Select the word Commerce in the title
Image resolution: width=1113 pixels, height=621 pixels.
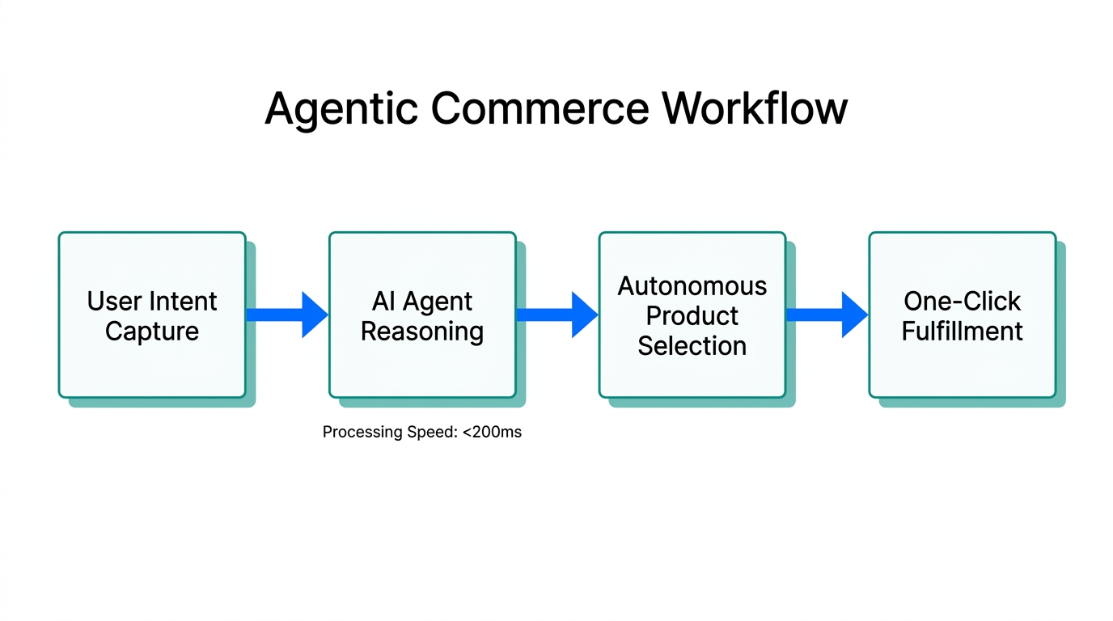pyautogui.click(x=540, y=109)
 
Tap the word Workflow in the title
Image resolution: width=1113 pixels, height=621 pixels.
pyautogui.click(x=755, y=109)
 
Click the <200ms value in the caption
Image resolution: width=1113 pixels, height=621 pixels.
pyautogui.click(x=492, y=433)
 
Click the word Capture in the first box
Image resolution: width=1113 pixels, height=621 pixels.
pyautogui.click(x=152, y=332)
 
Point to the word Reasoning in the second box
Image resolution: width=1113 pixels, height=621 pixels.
pyautogui.click(x=422, y=332)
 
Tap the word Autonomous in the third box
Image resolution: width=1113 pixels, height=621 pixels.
pyautogui.click(x=692, y=286)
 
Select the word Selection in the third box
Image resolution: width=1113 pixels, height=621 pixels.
pyautogui.click(x=692, y=346)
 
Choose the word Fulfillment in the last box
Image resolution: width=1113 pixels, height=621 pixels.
pyautogui.click(x=963, y=332)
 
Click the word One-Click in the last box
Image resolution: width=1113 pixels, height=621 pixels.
pyautogui.click(x=963, y=302)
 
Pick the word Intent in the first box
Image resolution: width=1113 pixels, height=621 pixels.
pyautogui.click(x=185, y=302)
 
